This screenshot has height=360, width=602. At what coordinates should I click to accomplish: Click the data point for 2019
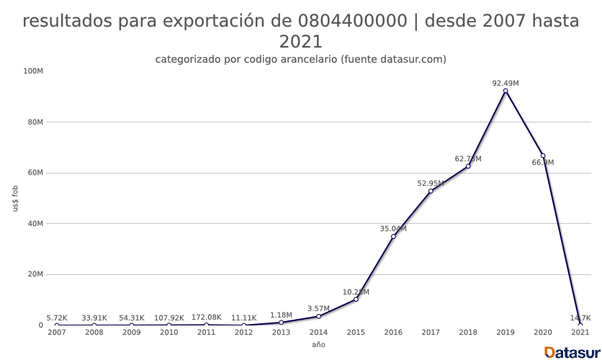point(506,91)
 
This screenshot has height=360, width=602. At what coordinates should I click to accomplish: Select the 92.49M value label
point(506,83)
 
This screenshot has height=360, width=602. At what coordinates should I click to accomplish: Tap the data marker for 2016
point(393,236)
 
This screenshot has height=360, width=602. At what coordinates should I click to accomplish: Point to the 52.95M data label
point(431,184)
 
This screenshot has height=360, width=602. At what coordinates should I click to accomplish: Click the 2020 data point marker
point(543,156)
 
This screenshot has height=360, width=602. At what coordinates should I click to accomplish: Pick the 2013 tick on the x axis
point(281,333)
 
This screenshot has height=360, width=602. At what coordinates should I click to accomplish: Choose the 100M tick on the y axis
point(34,71)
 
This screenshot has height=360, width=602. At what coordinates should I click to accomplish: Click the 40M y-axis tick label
point(35,223)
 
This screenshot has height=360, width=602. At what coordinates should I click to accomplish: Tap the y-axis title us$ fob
point(16,198)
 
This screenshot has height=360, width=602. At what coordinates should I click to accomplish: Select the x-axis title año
point(318,345)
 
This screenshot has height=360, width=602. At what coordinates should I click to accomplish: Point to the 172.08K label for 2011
point(206,318)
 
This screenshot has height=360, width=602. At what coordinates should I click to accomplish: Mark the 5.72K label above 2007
point(57,318)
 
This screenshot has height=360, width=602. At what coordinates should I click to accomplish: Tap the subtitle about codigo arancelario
point(301,59)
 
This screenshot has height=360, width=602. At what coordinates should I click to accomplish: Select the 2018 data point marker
point(468,166)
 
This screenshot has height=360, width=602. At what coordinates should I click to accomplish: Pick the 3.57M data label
point(318,309)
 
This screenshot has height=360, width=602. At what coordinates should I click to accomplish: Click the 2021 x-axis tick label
point(580,333)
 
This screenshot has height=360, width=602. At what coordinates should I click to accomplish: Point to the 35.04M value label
point(393,229)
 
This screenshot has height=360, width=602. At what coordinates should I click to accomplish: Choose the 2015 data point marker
point(356,299)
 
